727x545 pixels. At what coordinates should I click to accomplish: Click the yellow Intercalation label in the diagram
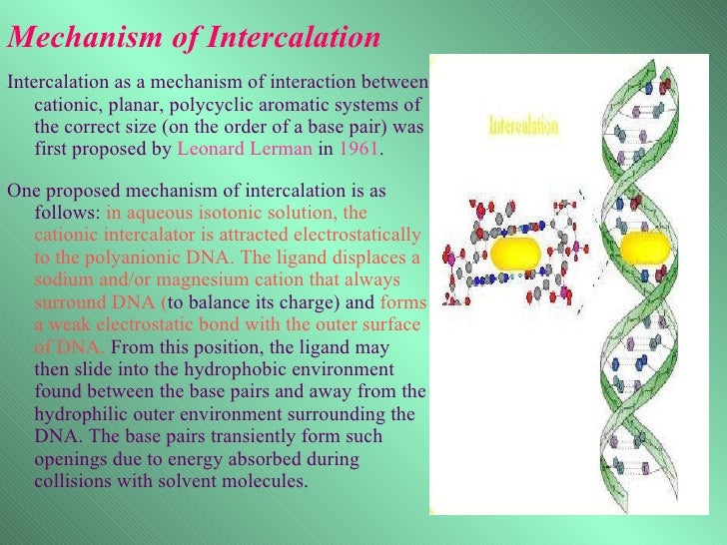click(523, 128)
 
